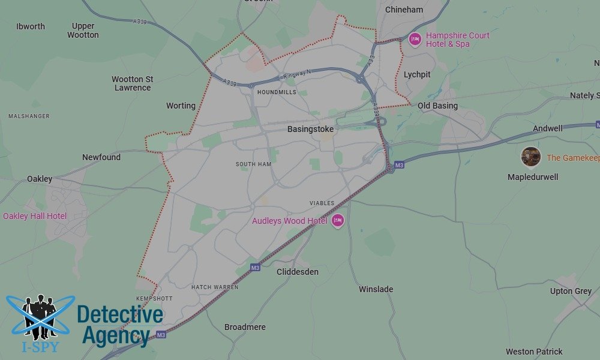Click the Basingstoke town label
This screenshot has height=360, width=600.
point(310,129)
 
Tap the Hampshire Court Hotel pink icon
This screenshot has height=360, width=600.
point(415,40)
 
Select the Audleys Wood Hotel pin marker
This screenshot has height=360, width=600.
point(338,221)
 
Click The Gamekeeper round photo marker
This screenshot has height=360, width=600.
point(530,157)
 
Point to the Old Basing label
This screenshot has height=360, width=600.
point(437,106)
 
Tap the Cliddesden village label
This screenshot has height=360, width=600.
point(298,272)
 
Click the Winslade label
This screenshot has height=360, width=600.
point(376,289)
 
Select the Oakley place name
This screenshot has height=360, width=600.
point(40,179)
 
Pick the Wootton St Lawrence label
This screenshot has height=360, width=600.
point(133,83)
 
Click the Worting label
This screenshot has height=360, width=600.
point(181,106)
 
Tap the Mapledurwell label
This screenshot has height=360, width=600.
point(533,177)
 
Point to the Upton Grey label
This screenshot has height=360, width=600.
point(571,291)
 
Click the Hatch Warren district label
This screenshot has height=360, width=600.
point(215,287)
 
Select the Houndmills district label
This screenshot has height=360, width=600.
point(276,92)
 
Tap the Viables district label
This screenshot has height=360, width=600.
point(322,203)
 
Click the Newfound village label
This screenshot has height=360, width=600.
point(101,157)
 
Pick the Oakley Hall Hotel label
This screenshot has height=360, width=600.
point(35,216)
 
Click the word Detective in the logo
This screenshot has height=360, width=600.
point(120,315)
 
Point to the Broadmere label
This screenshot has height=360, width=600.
point(245,327)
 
